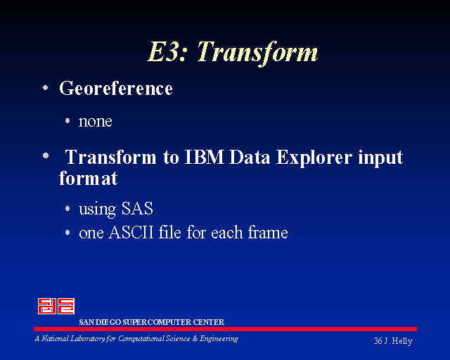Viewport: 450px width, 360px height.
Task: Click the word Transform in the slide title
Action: [x=257, y=53]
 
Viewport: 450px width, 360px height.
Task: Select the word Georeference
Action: [x=116, y=88]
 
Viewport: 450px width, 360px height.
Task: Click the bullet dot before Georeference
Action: [x=45, y=88]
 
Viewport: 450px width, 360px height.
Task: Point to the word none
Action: [x=96, y=122]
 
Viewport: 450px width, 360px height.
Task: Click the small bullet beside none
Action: [x=67, y=120]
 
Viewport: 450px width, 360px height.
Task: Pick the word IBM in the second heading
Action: [x=204, y=157]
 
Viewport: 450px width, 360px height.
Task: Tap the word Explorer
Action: [x=314, y=158]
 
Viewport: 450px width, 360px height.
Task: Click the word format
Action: [x=89, y=179]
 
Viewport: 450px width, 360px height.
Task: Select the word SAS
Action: [x=137, y=208]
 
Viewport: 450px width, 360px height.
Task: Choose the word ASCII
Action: [x=131, y=232]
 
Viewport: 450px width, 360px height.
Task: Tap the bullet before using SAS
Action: [x=67, y=208]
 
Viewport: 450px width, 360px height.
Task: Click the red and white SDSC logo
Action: [x=56, y=306]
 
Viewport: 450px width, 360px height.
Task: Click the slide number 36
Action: [x=378, y=341]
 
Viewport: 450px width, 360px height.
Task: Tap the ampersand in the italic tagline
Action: [x=195, y=339]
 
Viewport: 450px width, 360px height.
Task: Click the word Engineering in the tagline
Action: [x=219, y=339]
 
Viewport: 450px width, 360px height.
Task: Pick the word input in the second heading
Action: [x=380, y=158]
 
